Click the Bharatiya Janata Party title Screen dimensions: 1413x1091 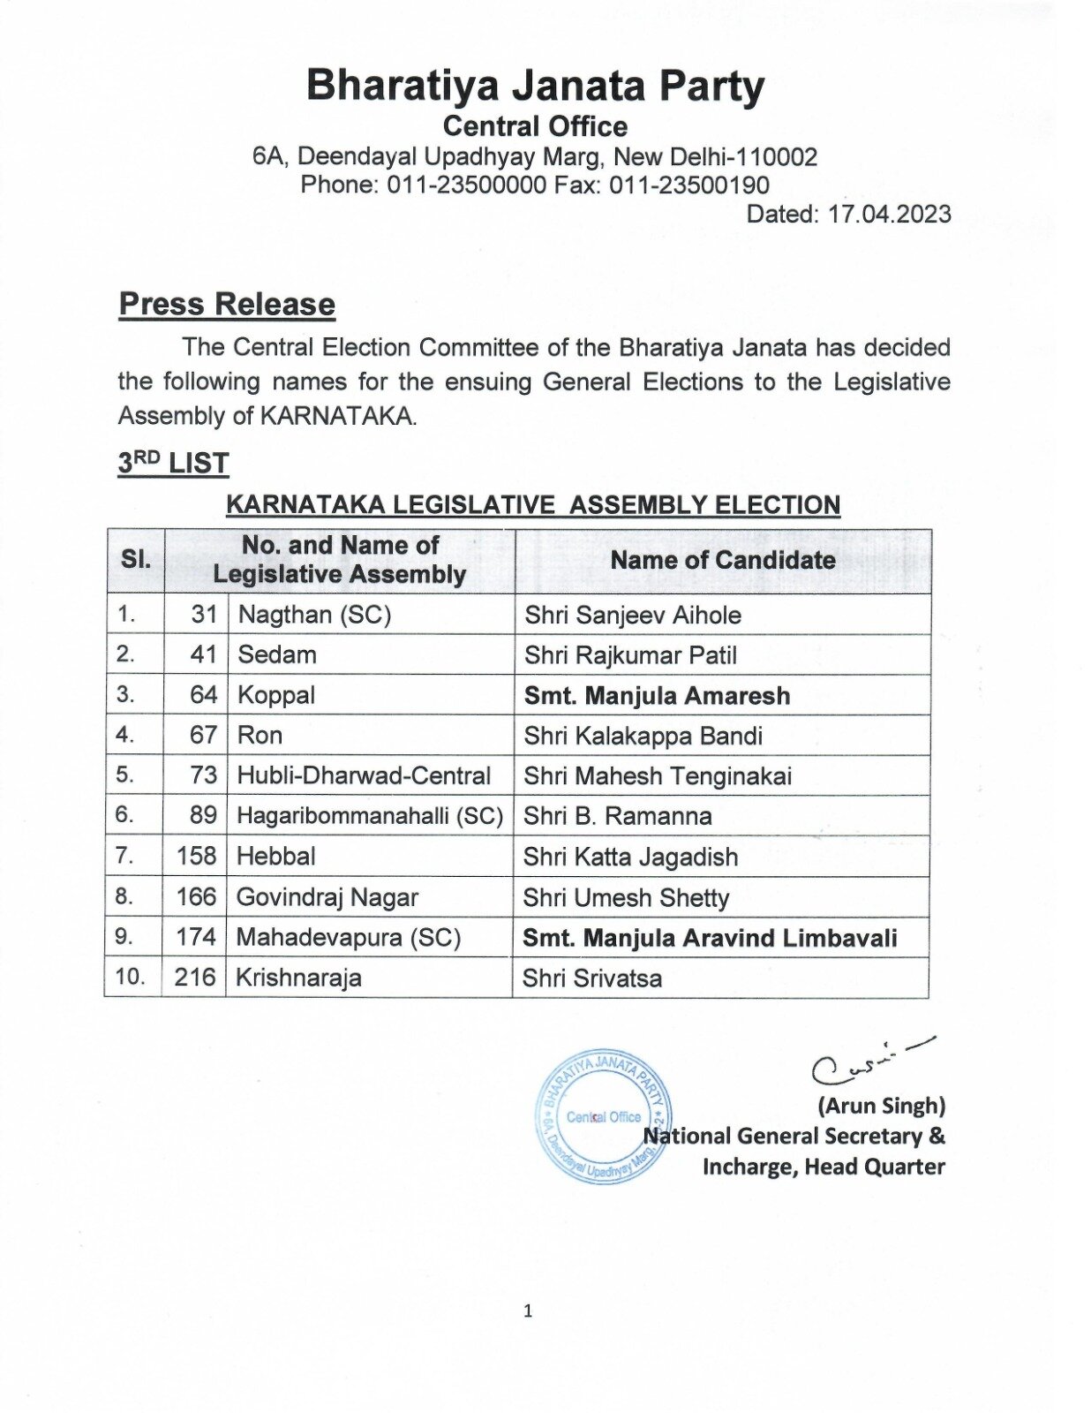coord(535,86)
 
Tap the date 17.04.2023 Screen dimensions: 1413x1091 coord(889,215)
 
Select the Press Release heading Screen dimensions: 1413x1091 coord(227,304)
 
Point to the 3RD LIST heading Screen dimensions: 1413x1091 coord(174,463)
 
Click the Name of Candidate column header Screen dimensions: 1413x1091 coord(722,560)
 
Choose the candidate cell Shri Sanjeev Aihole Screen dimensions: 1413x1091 coord(632,615)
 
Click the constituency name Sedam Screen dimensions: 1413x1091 coord(276,654)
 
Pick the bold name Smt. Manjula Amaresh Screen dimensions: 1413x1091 coord(657,696)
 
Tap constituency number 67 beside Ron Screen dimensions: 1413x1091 coord(203,735)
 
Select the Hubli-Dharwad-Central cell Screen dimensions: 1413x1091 coord(363,775)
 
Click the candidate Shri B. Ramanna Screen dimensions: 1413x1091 coord(617,816)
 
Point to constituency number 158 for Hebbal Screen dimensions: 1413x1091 coord(196,856)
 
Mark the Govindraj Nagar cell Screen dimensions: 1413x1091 coord(327,897)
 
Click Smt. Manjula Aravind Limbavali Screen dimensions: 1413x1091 coord(709,938)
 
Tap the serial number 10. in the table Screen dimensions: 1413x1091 coord(130,977)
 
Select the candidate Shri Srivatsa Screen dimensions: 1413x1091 coord(591,979)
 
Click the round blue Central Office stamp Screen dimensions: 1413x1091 coord(604,1117)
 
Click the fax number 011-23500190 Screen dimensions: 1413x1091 coord(688,185)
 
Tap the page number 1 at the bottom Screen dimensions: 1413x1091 coord(528,1311)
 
